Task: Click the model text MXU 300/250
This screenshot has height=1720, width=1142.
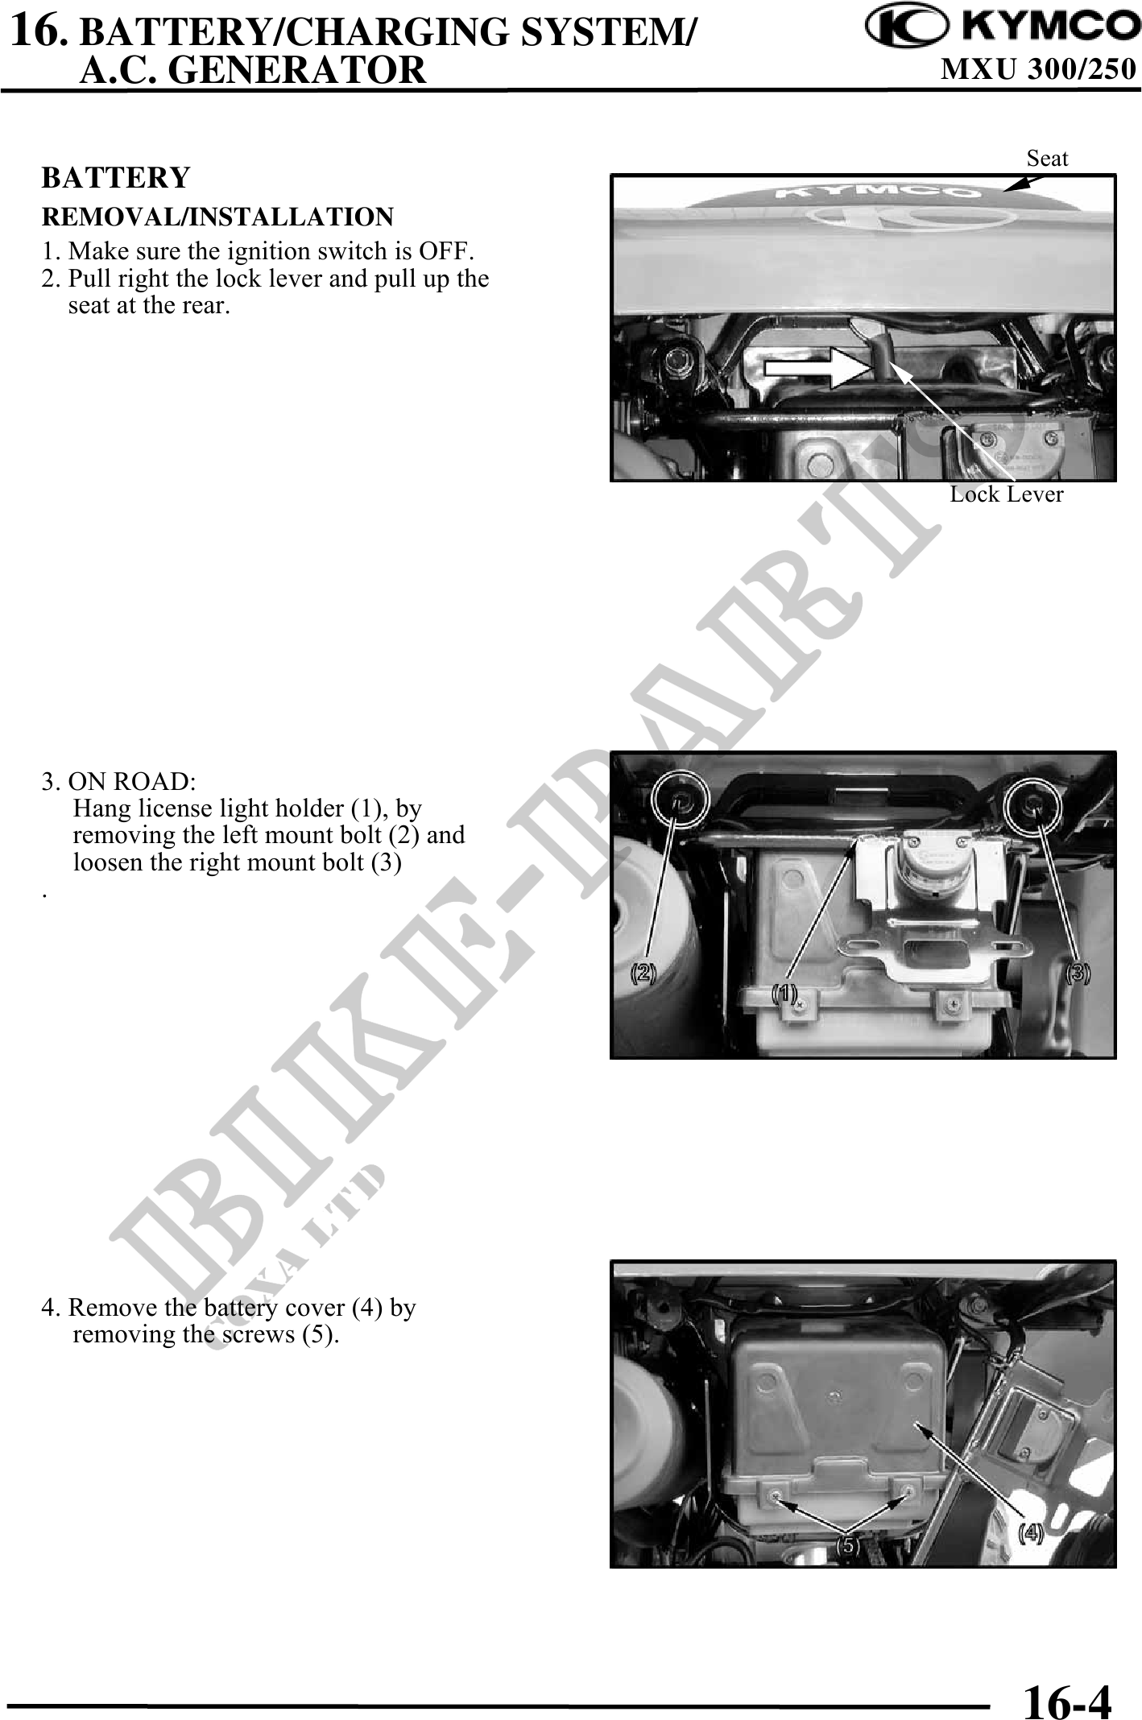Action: click(1038, 71)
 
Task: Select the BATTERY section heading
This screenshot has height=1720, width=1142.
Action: click(116, 178)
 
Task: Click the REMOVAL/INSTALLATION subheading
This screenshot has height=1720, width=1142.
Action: click(217, 217)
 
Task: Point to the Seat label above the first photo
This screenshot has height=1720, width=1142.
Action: click(1047, 159)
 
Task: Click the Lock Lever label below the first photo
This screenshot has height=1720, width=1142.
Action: click(1006, 494)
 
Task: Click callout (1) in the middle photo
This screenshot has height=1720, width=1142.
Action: click(784, 993)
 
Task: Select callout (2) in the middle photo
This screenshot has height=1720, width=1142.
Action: click(642, 973)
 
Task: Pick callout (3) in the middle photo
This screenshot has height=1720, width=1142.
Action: click(1078, 973)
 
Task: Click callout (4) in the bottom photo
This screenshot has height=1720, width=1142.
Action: click(1031, 1533)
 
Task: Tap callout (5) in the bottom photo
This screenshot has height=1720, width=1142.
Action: click(846, 1546)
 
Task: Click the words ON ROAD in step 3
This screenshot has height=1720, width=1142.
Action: click(129, 781)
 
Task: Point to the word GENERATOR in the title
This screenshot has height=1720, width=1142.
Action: click(300, 71)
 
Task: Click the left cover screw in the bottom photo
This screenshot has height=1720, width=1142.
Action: click(774, 1495)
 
